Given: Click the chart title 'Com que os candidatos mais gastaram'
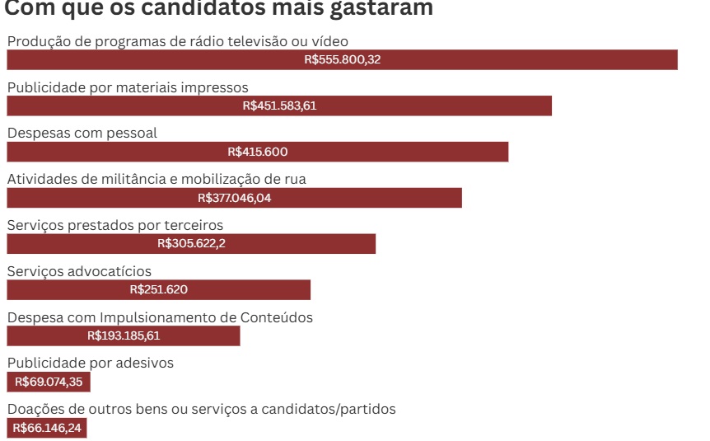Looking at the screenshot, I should [219, 9].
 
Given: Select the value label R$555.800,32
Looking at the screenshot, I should [342, 59].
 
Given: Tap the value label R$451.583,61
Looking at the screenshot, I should [279, 106].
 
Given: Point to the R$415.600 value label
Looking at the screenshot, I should [258, 152].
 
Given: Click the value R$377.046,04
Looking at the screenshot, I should [235, 198].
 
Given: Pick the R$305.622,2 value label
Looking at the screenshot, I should [191, 244].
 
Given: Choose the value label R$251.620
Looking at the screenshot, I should [159, 290].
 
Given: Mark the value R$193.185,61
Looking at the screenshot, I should [124, 335].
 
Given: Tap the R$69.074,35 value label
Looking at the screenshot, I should [48, 382].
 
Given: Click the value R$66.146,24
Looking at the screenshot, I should [47, 428].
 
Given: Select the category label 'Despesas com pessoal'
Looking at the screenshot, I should [82, 133].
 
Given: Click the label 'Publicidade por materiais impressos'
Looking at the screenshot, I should [128, 87].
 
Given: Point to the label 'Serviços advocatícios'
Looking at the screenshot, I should [79, 271].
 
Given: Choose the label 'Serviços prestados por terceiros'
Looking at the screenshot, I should [115, 225].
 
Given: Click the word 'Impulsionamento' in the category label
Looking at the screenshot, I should [168, 317].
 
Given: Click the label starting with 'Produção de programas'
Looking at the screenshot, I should [178, 41].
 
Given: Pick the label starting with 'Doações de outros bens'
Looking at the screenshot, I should [202, 409].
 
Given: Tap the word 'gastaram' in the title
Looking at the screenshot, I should [383, 9].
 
